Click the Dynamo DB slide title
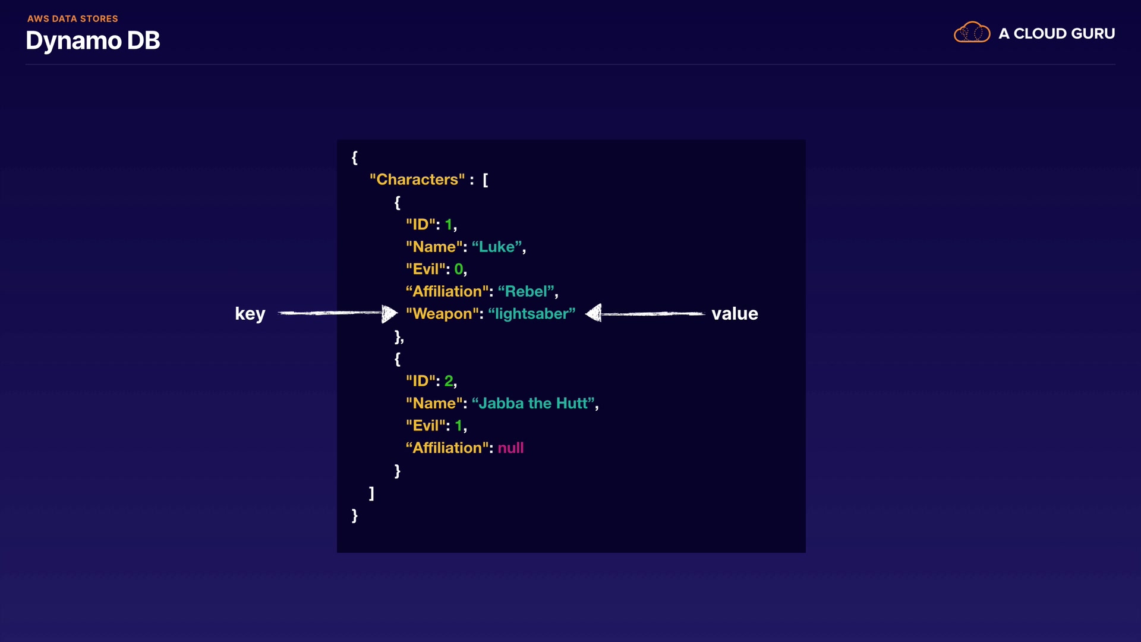coord(93,41)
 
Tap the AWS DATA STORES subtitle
coord(73,18)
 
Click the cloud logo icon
coord(972,33)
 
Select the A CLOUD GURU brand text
coord(1057,34)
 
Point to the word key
coord(250,314)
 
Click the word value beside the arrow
coord(735,314)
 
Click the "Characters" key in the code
coord(417,180)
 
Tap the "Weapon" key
coord(443,314)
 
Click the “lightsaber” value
coord(532,314)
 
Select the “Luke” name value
coord(497,247)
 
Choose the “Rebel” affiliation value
coord(526,291)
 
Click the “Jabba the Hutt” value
coord(533,403)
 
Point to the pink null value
coord(510,448)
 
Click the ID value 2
coord(449,380)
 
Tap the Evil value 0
coord(459,269)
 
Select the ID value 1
coord(449,225)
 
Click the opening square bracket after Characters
coord(486,180)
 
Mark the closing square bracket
coord(371,493)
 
